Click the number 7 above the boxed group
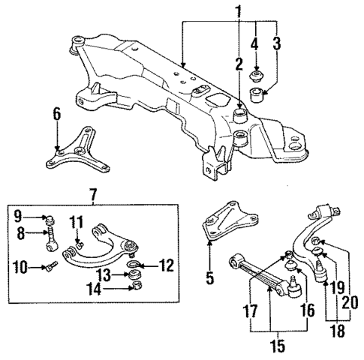93,196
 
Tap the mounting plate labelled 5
225,221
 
